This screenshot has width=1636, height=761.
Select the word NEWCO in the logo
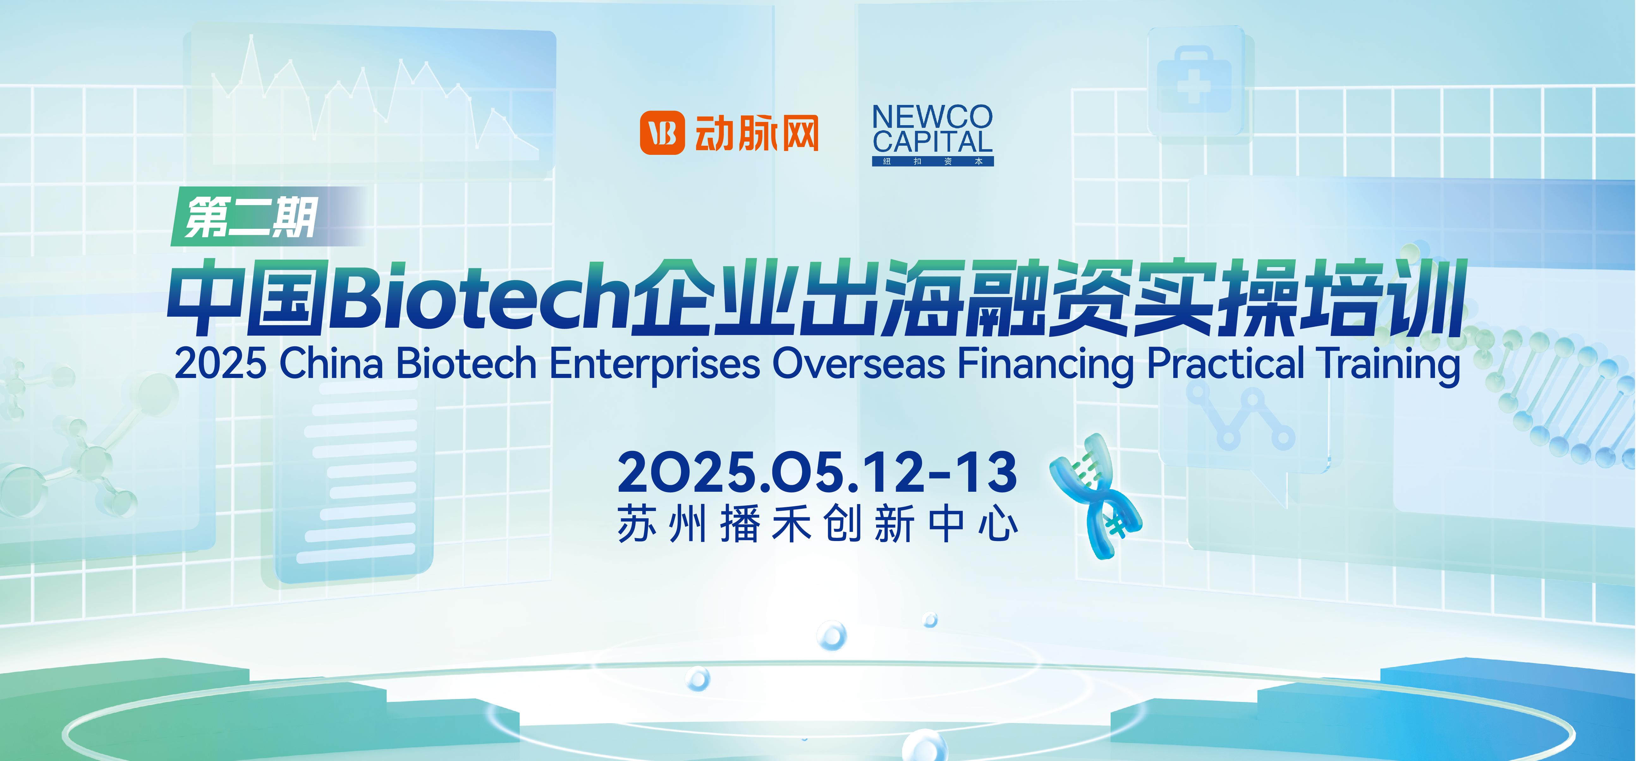point(932,117)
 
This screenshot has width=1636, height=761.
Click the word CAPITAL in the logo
point(932,142)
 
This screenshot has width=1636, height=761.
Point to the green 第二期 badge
point(267,216)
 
